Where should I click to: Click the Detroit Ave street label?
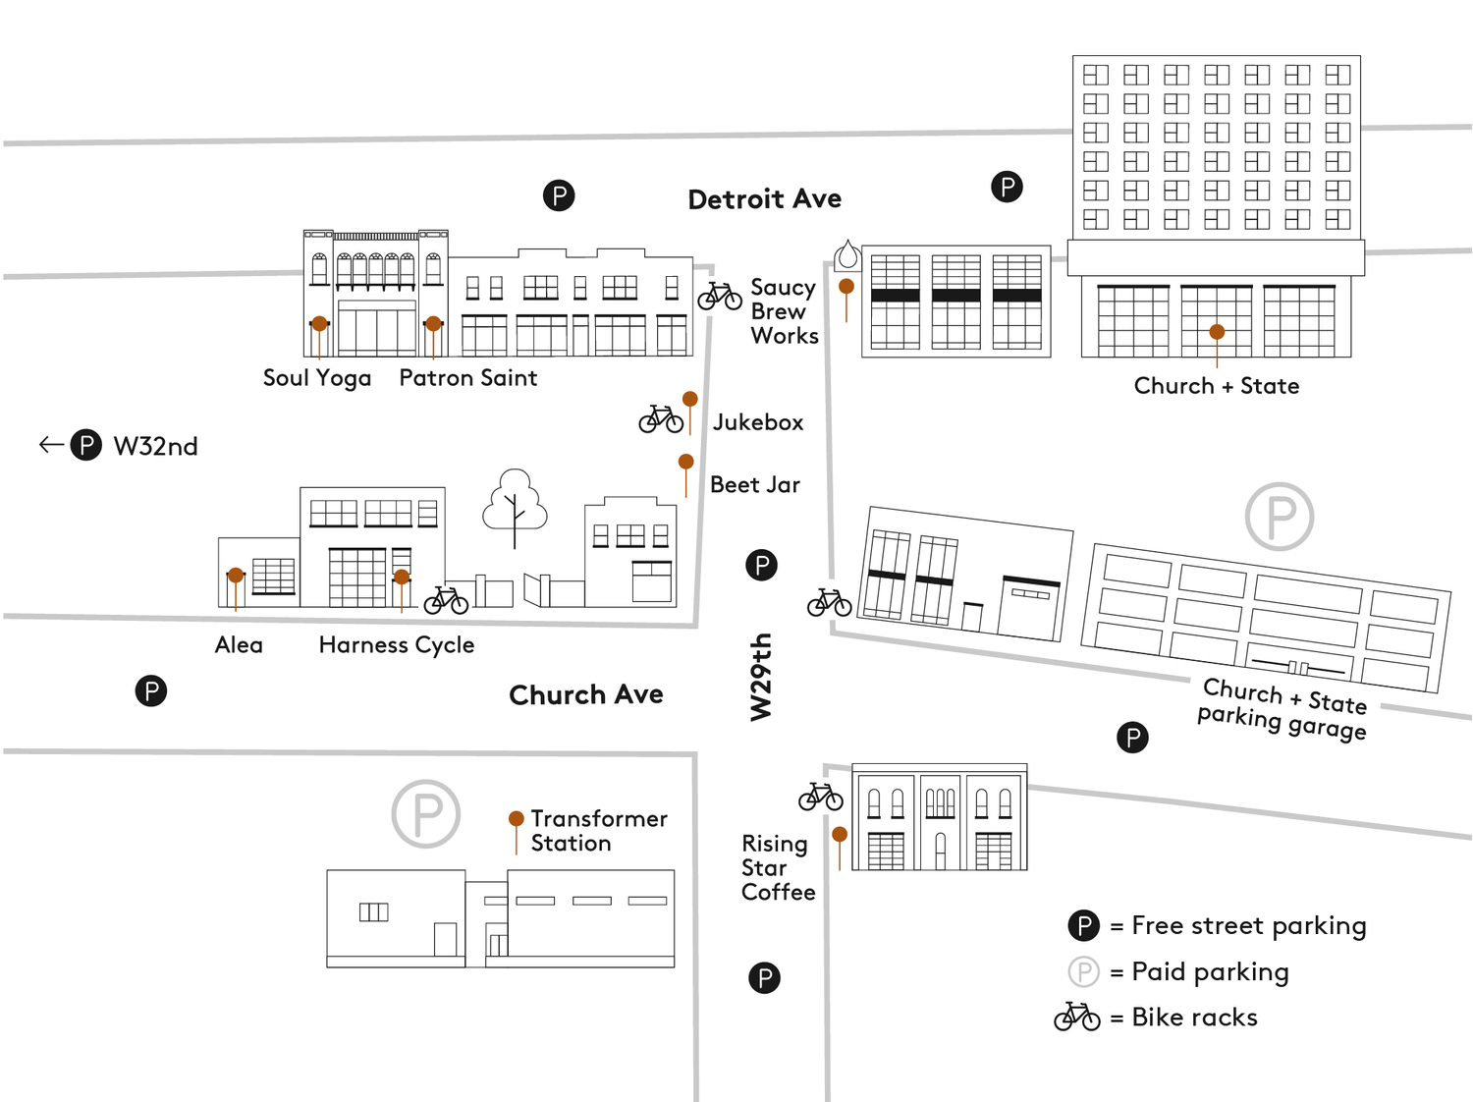coord(764,199)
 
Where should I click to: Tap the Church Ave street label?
coord(586,694)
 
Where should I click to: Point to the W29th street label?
coord(760,677)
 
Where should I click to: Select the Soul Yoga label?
coord(317,378)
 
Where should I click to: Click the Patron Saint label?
coord(468,378)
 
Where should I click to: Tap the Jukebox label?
coord(758,422)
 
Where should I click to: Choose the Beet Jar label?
coord(755,484)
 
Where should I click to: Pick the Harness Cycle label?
coord(397,645)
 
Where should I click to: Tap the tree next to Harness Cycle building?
coord(515,508)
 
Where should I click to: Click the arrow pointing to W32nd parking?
coord(52,444)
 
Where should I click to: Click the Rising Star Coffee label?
coord(779,868)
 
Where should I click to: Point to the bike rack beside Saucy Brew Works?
coord(720,296)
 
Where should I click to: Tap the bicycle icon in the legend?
coord(1077,1017)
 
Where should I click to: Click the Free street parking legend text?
coord(1249,925)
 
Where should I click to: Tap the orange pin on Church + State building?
coord(1217,332)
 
